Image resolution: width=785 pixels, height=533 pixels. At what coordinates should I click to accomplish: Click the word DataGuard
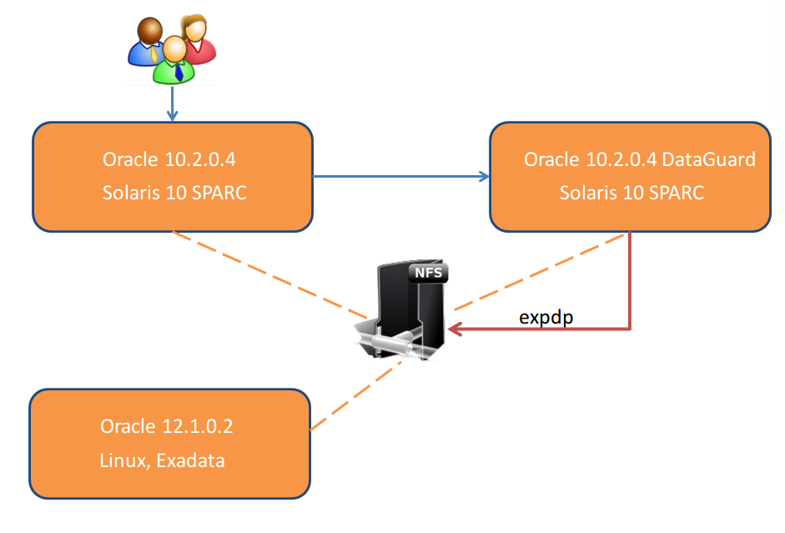coord(708,159)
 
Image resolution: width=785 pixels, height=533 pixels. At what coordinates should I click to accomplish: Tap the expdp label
coord(546,317)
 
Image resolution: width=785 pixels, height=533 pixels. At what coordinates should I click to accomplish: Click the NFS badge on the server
coord(429,274)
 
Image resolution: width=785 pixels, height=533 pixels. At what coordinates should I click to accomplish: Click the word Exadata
coord(190,460)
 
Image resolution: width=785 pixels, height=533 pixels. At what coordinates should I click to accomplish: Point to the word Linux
coord(124,461)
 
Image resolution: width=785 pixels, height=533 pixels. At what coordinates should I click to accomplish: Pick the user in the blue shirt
coord(146,42)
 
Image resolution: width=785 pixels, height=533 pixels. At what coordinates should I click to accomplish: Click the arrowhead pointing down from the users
coord(172,116)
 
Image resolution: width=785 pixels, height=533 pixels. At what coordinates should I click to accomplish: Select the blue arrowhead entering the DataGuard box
coord(484,176)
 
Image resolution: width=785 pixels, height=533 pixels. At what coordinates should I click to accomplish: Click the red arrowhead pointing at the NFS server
coord(455,329)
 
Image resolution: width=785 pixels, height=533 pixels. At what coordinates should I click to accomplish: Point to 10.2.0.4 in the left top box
coord(199,159)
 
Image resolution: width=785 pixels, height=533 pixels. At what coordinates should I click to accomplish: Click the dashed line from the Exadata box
coord(356,395)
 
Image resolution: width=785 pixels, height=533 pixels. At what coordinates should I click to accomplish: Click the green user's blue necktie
coord(179,73)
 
